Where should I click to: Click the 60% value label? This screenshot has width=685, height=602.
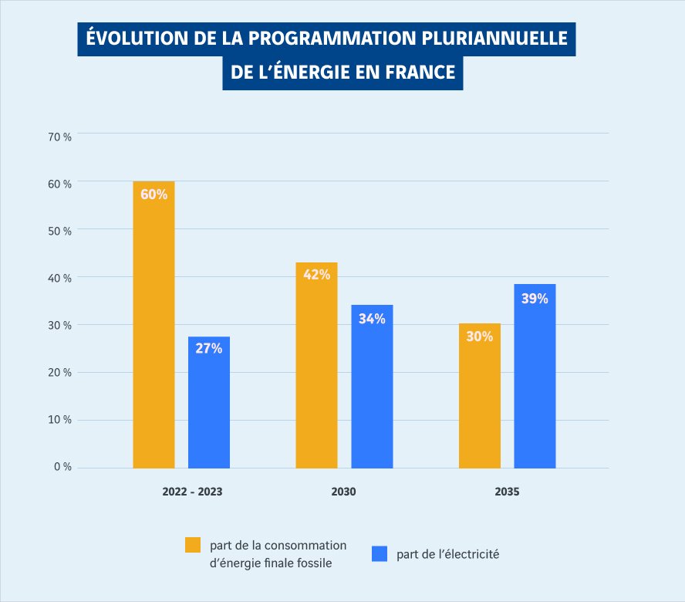tap(154, 194)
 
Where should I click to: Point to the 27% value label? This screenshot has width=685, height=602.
tap(209, 349)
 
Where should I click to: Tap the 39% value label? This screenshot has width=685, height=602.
tap(535, 298)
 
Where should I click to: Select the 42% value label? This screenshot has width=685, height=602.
tap(316, 275)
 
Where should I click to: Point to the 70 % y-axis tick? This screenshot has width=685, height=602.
tap(60, 137)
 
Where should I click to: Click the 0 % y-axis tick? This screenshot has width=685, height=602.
tap(63, 467)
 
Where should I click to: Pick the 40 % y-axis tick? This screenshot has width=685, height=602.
tap(60, 278)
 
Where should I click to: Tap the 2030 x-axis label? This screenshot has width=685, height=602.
tap(344, 492)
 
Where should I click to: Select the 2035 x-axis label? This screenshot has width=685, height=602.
tap(507, 492)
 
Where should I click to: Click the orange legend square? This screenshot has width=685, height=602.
tap(192, 545)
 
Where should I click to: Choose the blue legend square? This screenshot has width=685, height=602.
tap(379, 554)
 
